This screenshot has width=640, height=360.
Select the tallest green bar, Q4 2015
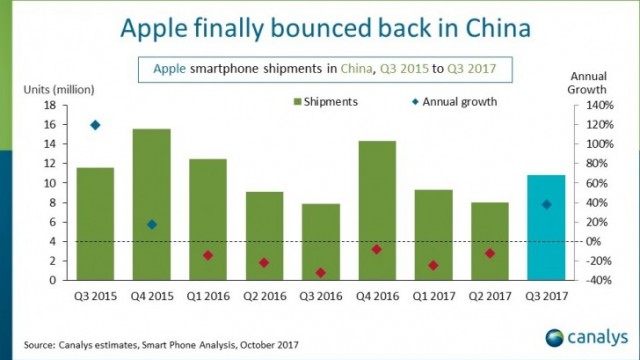pyautogui.click(x=151, y=204)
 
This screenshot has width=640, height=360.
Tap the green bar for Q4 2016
pyautogui.click(x=376, y=210)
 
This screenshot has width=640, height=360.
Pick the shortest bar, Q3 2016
pyautogui.click(x=320, y=241)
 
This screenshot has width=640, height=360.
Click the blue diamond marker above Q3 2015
pyautogui.click(x=95, y=125)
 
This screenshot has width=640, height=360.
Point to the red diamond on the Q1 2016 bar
pyautogui.click(x=208, y=255)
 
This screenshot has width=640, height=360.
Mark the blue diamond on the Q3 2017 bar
pyautogui.click(x=546, y=204)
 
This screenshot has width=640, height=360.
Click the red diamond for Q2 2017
pyautogui.click(x=490, y=254)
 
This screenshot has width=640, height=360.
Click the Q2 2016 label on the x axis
pyautogui.click(x=264, y=295)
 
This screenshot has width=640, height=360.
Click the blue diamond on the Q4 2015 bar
pyautogui.click(x=151, y=224)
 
